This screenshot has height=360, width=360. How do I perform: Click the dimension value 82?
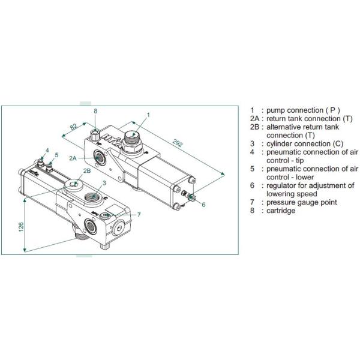pyautogui.click(x=73, y=127)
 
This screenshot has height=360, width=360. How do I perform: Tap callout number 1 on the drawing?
pyautogui.click(x=148, y=114)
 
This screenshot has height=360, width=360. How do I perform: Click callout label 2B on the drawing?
pyautogui.click(x=87, y=171)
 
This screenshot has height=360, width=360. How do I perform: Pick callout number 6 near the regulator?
pyautogui.click(x=203, y=205)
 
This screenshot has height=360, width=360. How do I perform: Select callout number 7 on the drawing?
pyautogui.click(x=139, y=215)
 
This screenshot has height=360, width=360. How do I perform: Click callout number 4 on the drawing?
pyautogui.click(x=47, y=149)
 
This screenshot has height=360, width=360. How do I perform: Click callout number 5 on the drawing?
pyautogui.click(x=56, y=155)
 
